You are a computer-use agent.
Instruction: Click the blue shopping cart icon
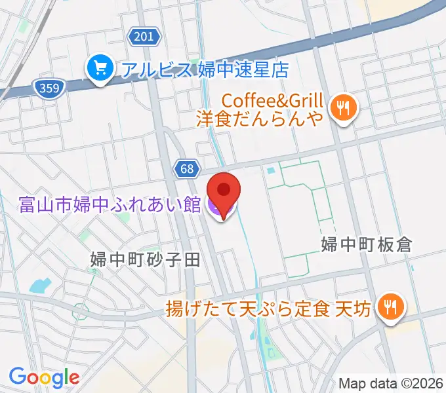click(x=100, y=68)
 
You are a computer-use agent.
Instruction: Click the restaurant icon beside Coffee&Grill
click(x=342, y=105)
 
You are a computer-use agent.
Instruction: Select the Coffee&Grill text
click(x=273, y=101)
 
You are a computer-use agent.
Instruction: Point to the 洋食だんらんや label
click(x=260, y=119)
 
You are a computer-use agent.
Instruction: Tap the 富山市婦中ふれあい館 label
click(x=110, y=206)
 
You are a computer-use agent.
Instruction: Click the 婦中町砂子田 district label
click(x=145, y=260)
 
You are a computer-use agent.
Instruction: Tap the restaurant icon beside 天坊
click(x=392, y=305)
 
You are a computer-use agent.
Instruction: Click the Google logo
click(x=44, y=377)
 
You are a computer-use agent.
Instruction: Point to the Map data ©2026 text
click(x=391, y=383)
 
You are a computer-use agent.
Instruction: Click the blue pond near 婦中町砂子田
click(x=40, y=286)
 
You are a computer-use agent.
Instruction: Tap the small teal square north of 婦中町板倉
click(x=270, y=171)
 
